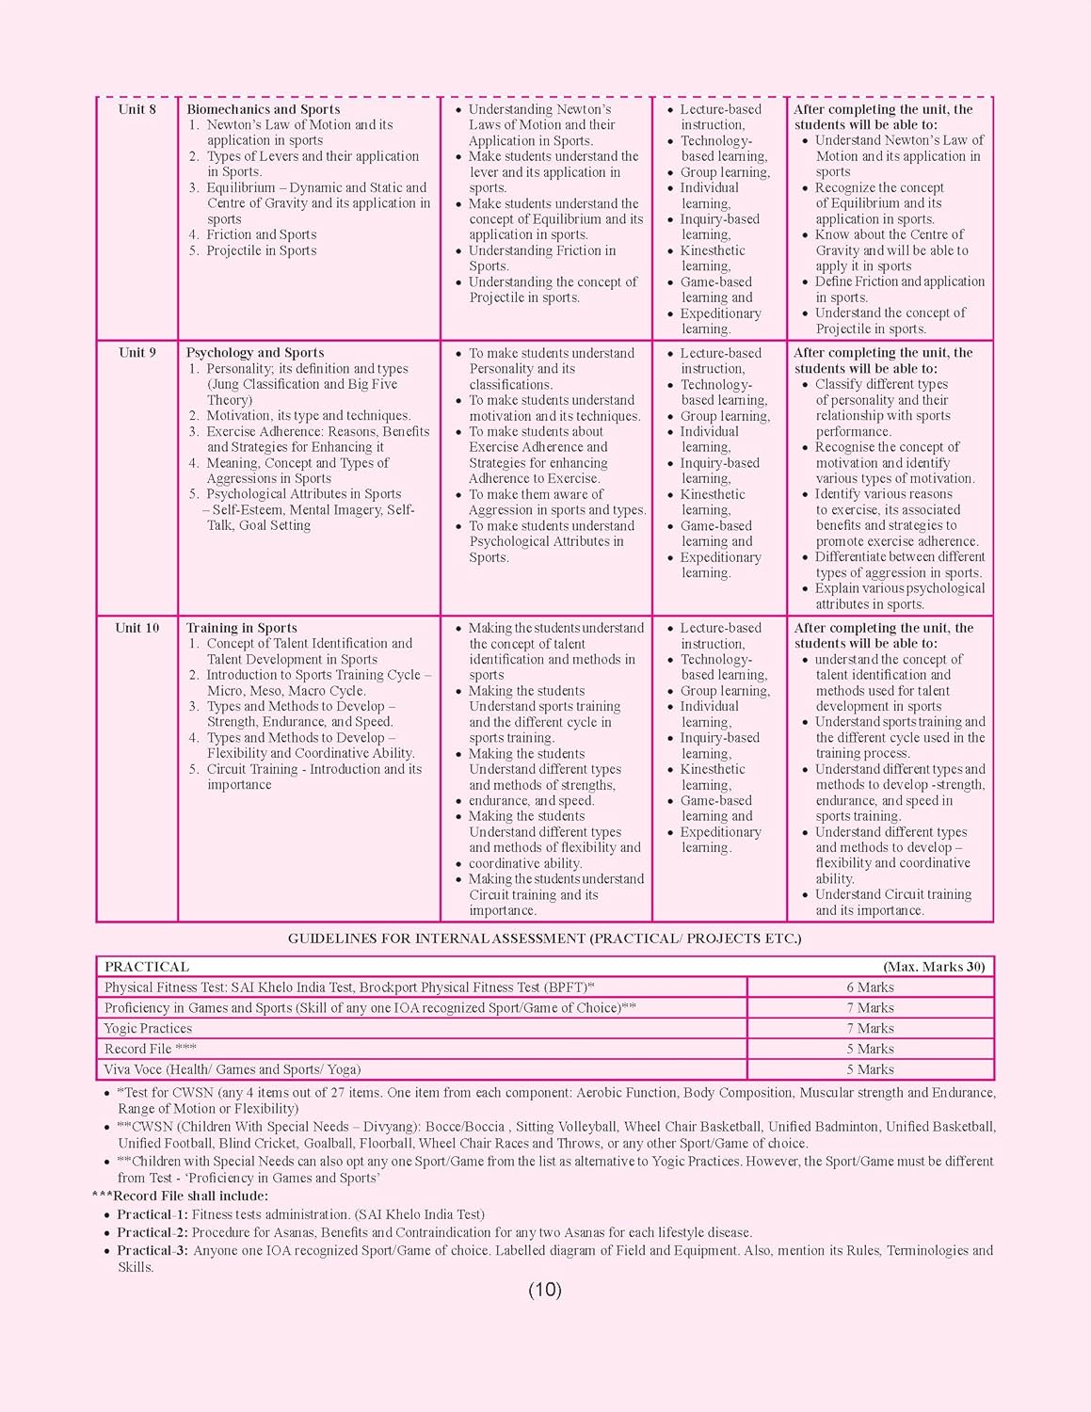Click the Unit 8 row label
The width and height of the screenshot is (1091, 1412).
[x=137, y=109]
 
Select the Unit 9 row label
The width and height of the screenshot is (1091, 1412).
[x=137, y=353]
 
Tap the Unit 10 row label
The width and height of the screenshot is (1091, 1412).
[x=137, y=628]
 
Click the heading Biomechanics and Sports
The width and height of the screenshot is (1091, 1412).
[x=264, y=109]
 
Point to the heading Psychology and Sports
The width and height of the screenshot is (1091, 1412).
[x=255, y=353]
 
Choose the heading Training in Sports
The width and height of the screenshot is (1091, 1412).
[x=242, y=628]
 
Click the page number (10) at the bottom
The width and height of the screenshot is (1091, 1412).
[x=545, y=1290]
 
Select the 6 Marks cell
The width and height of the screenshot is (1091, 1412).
[x=870, y=987]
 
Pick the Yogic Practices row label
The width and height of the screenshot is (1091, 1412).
[x=148, y=1029]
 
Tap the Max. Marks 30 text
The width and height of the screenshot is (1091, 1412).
[x=934, y=967]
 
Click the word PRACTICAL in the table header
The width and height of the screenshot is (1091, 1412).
[x=147, y=967]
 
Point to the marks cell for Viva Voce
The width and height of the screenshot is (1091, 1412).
[x=870, y=1069]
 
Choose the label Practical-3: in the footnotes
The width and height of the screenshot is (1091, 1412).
[x=152, y=1250]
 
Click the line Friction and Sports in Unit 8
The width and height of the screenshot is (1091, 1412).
[x=262, y=234]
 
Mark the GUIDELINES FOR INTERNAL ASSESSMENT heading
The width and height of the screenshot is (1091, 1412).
[x=545, y=939]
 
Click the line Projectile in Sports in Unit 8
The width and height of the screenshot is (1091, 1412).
[x=262, y=250]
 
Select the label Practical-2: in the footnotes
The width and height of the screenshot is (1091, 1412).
[x=152, y=1232]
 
